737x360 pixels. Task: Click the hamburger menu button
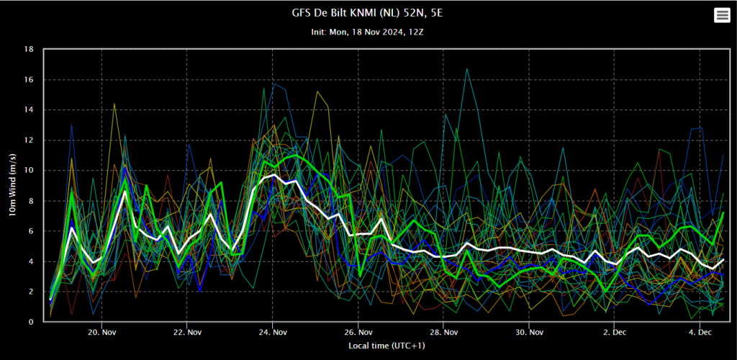[722, 16]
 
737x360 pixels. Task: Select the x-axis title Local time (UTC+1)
[389, 346]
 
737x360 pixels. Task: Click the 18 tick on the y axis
[29, 50]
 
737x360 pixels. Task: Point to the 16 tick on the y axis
[29, 80]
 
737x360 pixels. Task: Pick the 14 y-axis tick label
[29, 110]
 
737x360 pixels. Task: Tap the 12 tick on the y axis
[29, 140]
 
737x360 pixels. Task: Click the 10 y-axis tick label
[29, 171]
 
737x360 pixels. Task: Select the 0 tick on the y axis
[32, 322]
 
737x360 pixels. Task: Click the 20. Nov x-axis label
[101, 332]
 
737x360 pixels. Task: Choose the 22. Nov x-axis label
[187, 332]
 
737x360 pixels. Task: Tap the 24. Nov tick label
[273, 332]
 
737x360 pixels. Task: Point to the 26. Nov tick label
[358, 332]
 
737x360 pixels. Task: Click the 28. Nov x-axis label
[443, 332]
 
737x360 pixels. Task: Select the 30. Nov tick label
[529, 332]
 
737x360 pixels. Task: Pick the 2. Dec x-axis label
[615, 332]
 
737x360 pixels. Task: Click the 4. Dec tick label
[700, 332]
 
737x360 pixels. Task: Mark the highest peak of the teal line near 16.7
[466, 68]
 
